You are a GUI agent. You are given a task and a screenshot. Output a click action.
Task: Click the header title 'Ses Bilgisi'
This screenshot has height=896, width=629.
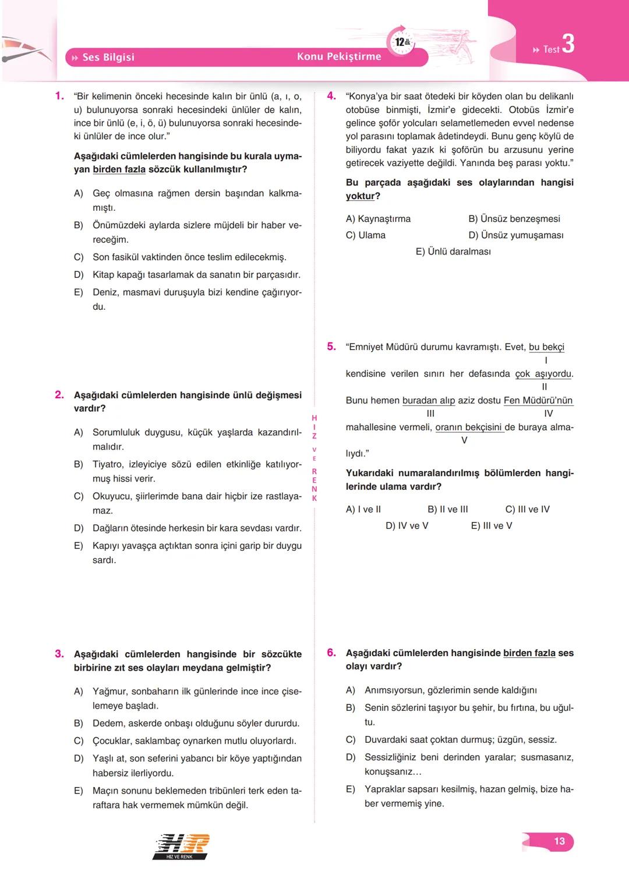click(x=108, y=57)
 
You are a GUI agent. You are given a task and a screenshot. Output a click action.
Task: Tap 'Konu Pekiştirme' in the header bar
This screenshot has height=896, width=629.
click(x=339, y=56)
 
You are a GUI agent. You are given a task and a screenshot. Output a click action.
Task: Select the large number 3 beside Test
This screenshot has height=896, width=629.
click(x=568, y=44)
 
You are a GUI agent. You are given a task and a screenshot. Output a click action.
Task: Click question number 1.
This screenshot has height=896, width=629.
click(x=59, y=96)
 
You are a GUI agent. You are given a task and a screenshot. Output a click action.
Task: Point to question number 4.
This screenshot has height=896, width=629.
click(x=331, y=96)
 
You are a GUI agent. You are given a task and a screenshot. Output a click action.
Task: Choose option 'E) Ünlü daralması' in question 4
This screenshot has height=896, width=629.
click(x=453, y=252)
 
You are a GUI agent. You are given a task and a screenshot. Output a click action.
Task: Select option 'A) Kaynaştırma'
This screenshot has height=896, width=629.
click(x=378, y=219)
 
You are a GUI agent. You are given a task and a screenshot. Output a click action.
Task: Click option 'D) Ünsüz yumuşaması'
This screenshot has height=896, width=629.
click(x=515, y=235)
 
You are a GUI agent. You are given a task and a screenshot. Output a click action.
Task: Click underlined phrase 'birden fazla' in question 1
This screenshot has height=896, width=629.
click(x=119, y=169)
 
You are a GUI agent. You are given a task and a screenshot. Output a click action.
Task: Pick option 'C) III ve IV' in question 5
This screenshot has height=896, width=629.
click(x=527, y=509)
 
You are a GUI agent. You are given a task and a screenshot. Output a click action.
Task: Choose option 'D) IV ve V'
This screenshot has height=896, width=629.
click(x=407, y=526)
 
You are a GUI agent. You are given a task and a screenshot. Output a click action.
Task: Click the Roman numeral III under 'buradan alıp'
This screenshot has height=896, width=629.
click(x=430, y=413)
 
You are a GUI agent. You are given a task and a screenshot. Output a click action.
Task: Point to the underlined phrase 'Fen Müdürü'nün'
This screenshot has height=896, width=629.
click(x=538, y=401)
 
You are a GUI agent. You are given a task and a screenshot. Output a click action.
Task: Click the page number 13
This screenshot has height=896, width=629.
click(x=559, y=841)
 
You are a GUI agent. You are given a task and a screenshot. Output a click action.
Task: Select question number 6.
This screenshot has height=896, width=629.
click(x=331, y=653)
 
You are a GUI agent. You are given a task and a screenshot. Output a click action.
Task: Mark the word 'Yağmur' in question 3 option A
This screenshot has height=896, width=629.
click(x=109, y=692)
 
